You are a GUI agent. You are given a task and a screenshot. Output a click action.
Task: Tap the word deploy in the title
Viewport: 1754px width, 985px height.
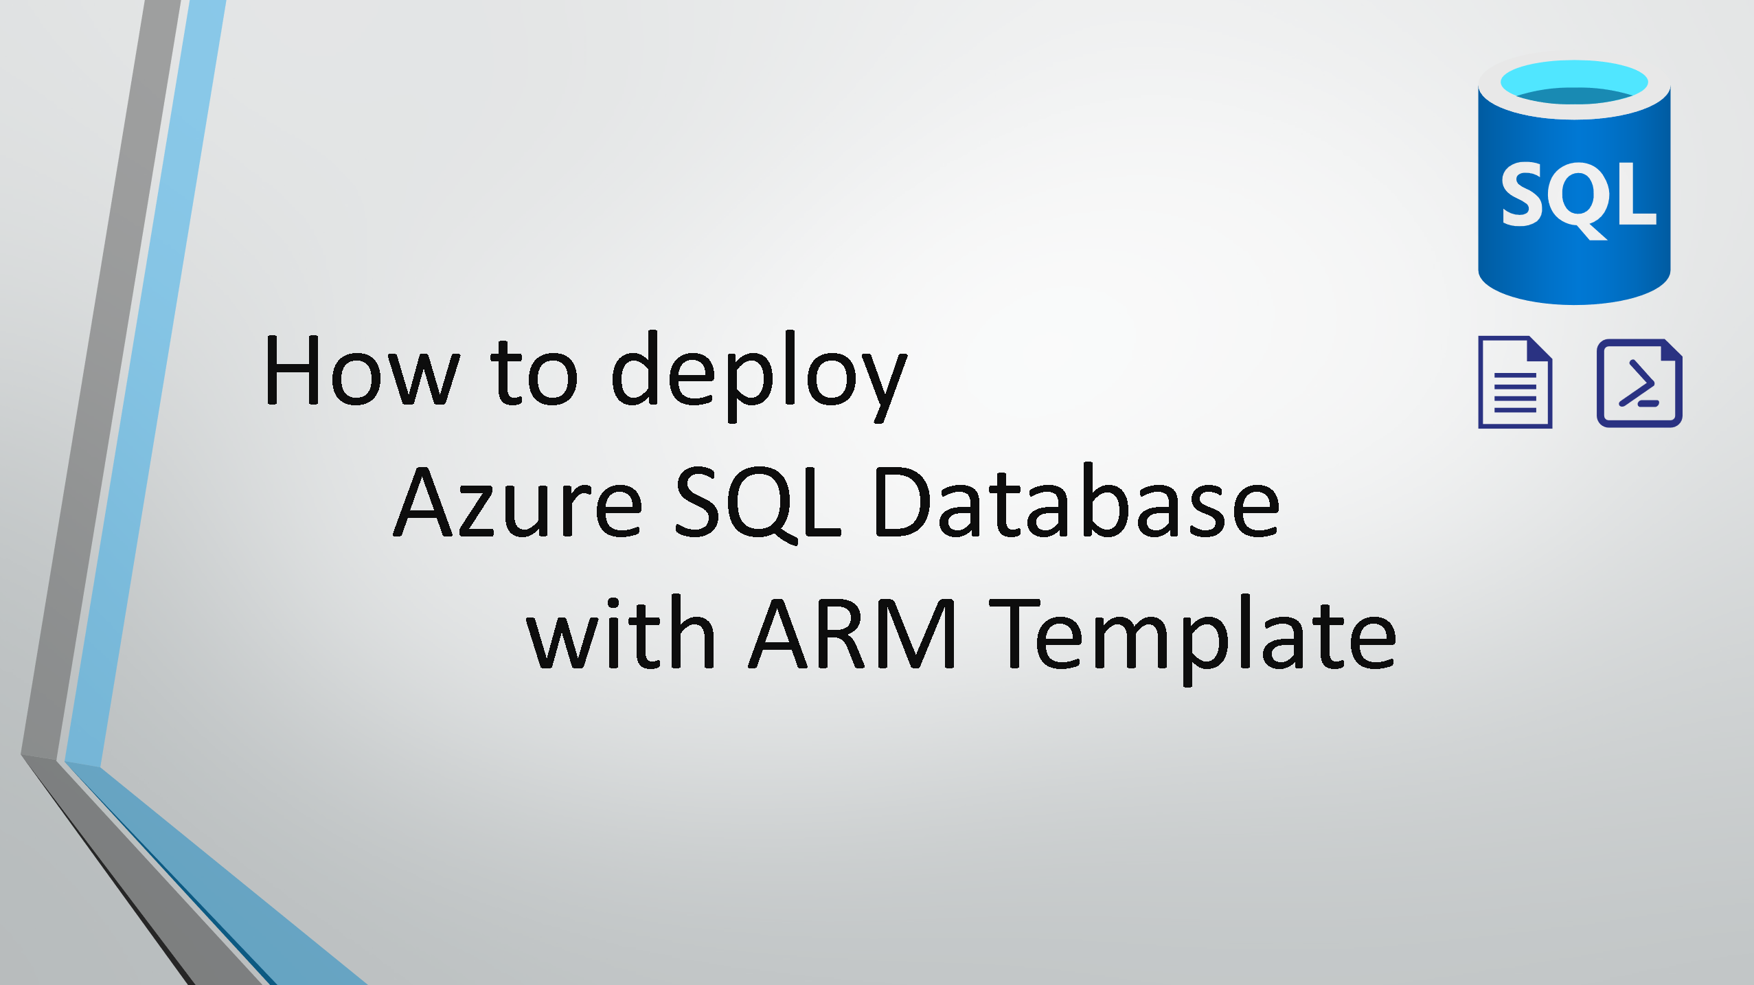pyautogui.click(x=759, y=376)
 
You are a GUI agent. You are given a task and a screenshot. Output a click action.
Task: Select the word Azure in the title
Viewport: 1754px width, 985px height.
pyautogui.click(x=519, y=502)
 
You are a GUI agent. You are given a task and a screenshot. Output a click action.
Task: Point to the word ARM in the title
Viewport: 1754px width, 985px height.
pyautogui.click(x=852, y=634)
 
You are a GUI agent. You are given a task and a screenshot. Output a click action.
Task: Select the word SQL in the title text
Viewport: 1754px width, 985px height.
pyautogui.click(x=758, y=503)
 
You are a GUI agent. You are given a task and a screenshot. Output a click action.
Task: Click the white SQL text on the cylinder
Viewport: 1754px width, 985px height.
pyautogui.click(x=1579, y=199)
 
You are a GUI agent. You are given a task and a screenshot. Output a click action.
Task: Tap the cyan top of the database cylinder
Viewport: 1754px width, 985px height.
pyautogui.click(x=1574, y=82)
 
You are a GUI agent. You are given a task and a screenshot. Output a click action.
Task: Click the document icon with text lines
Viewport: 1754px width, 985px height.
pyautogui.click(x=1515, y=382)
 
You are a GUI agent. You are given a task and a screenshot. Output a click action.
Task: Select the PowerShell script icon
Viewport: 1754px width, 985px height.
pyautogui.click(x=1639, y=383)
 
